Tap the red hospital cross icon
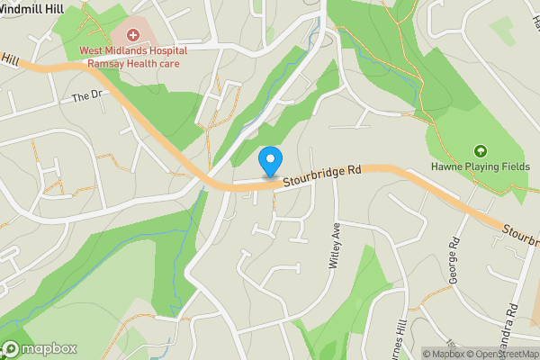tap(133, 35)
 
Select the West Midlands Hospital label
tap(133, 52)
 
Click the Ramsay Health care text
tap(133, 64)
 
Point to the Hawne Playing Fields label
tap(480, 166)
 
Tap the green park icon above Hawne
tap(480, 150)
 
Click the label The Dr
tap(83, 96)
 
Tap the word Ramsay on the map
tap(102, 64)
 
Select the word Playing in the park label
tap(477, 166)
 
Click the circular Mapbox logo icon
tap(12, 349)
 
